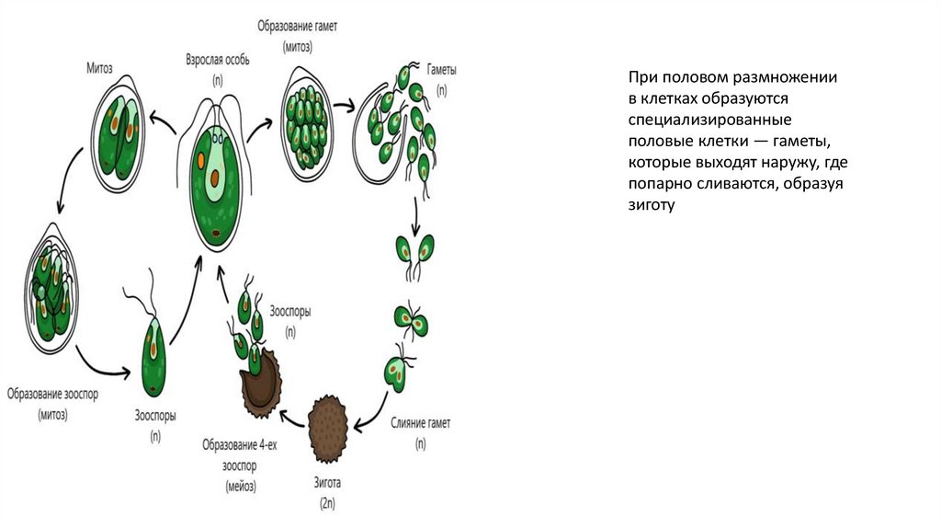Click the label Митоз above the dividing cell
99,67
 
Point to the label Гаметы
442,70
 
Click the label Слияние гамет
420,423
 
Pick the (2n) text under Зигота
328,504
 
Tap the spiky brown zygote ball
330,429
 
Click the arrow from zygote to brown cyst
295,421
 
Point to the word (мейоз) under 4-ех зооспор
238,485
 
